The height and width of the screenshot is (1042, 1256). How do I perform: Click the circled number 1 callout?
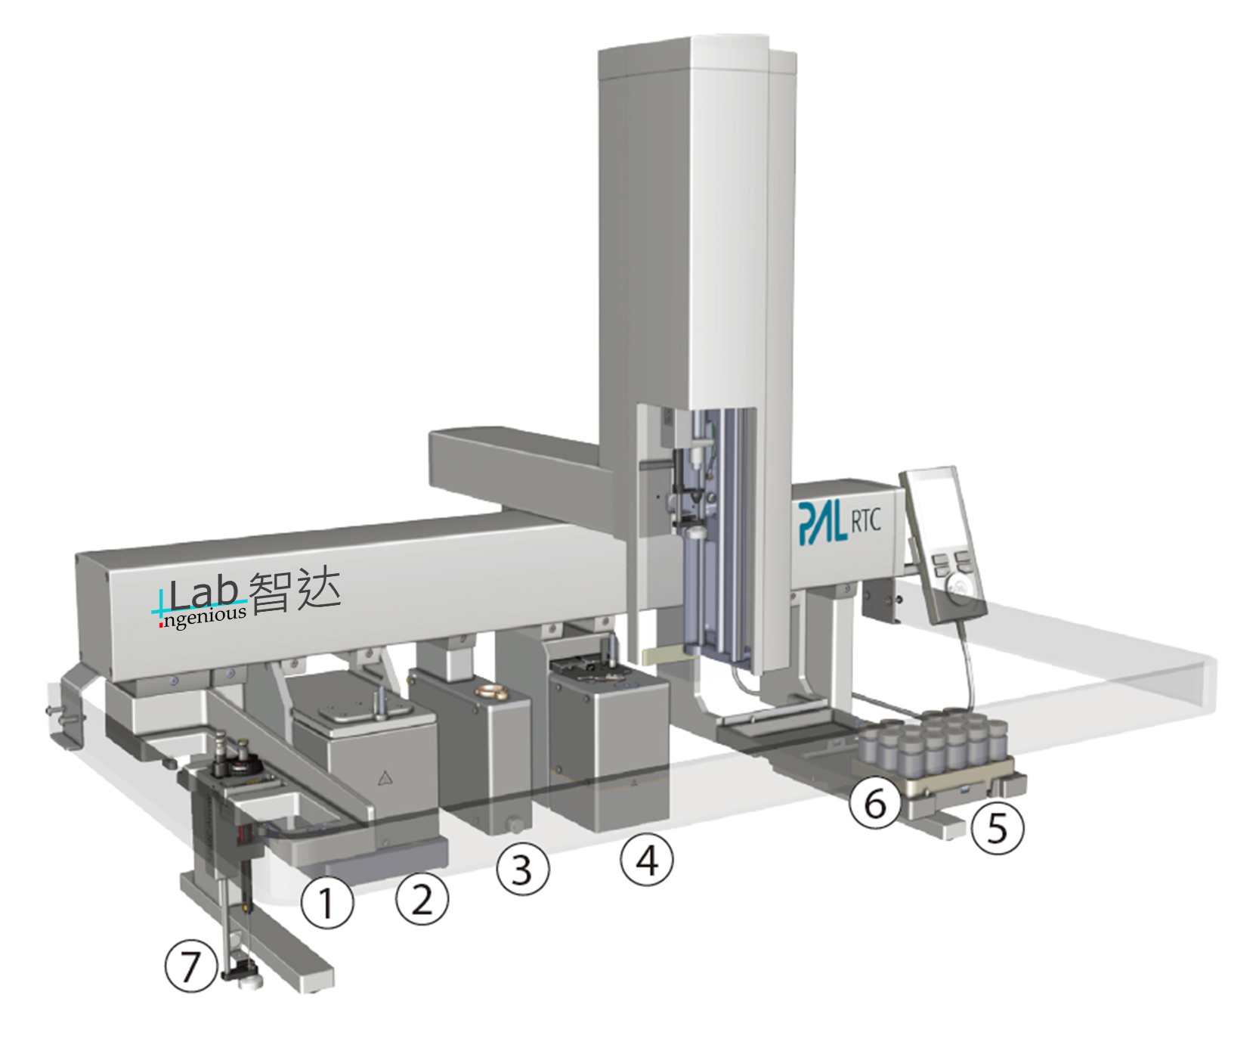[x=326, y=902]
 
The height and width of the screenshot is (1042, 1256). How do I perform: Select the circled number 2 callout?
[x=422, y=898]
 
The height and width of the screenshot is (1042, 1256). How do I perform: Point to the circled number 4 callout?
[x=646, y=859]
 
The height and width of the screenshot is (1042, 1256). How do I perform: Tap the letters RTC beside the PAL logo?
[x=866, y=521]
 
